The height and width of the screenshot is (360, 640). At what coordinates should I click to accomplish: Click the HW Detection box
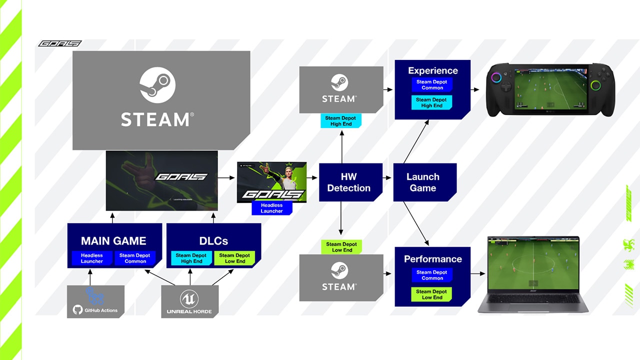pyautogui.click(x=348, y=182)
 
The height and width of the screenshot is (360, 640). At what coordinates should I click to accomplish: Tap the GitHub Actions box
pyautogui.click(x=95, y=301)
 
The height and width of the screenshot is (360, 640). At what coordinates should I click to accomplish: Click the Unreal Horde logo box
pyautogui.click(x=189, y=302)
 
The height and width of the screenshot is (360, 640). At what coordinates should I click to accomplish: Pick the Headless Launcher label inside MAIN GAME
pyautogui.click(x=92, y=258)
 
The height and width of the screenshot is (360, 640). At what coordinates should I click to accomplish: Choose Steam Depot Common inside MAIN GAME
pyautogui.click(x=135, y=258)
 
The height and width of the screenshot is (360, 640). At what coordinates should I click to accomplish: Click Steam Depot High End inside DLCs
pyautogui.click(x=191, y=258)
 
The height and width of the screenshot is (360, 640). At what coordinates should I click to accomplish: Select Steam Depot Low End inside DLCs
pyautogui.click(x=234, y=258)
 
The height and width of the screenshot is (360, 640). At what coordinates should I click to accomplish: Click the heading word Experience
pyautogui.click(x=432, y=70)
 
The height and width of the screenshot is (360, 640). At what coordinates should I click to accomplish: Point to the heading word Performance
pyautogui.click(x=432, y=259)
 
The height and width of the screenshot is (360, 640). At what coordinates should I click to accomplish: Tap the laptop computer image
pyautogui.click(x=532, y=274)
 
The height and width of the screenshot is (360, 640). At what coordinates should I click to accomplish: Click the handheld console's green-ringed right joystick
pyautogui.click(x=595, y=85)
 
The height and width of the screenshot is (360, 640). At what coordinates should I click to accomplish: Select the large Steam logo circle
pyautogui.click(x=157, y=85)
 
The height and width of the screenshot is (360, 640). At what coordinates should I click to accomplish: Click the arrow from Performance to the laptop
pyautogui.click(x=478, y=273)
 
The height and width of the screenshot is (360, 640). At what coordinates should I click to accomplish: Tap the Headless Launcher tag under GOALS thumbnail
pyautogui.click(x=271, y=208)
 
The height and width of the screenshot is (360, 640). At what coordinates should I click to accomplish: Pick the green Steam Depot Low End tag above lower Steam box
pyautogui.click(x=341, y=247)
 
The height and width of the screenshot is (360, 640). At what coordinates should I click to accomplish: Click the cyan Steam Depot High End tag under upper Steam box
pyautogui.click(x=341, y=121)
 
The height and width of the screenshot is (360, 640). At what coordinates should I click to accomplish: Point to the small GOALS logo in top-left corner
pyautogui.click(x=59, y=43)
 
